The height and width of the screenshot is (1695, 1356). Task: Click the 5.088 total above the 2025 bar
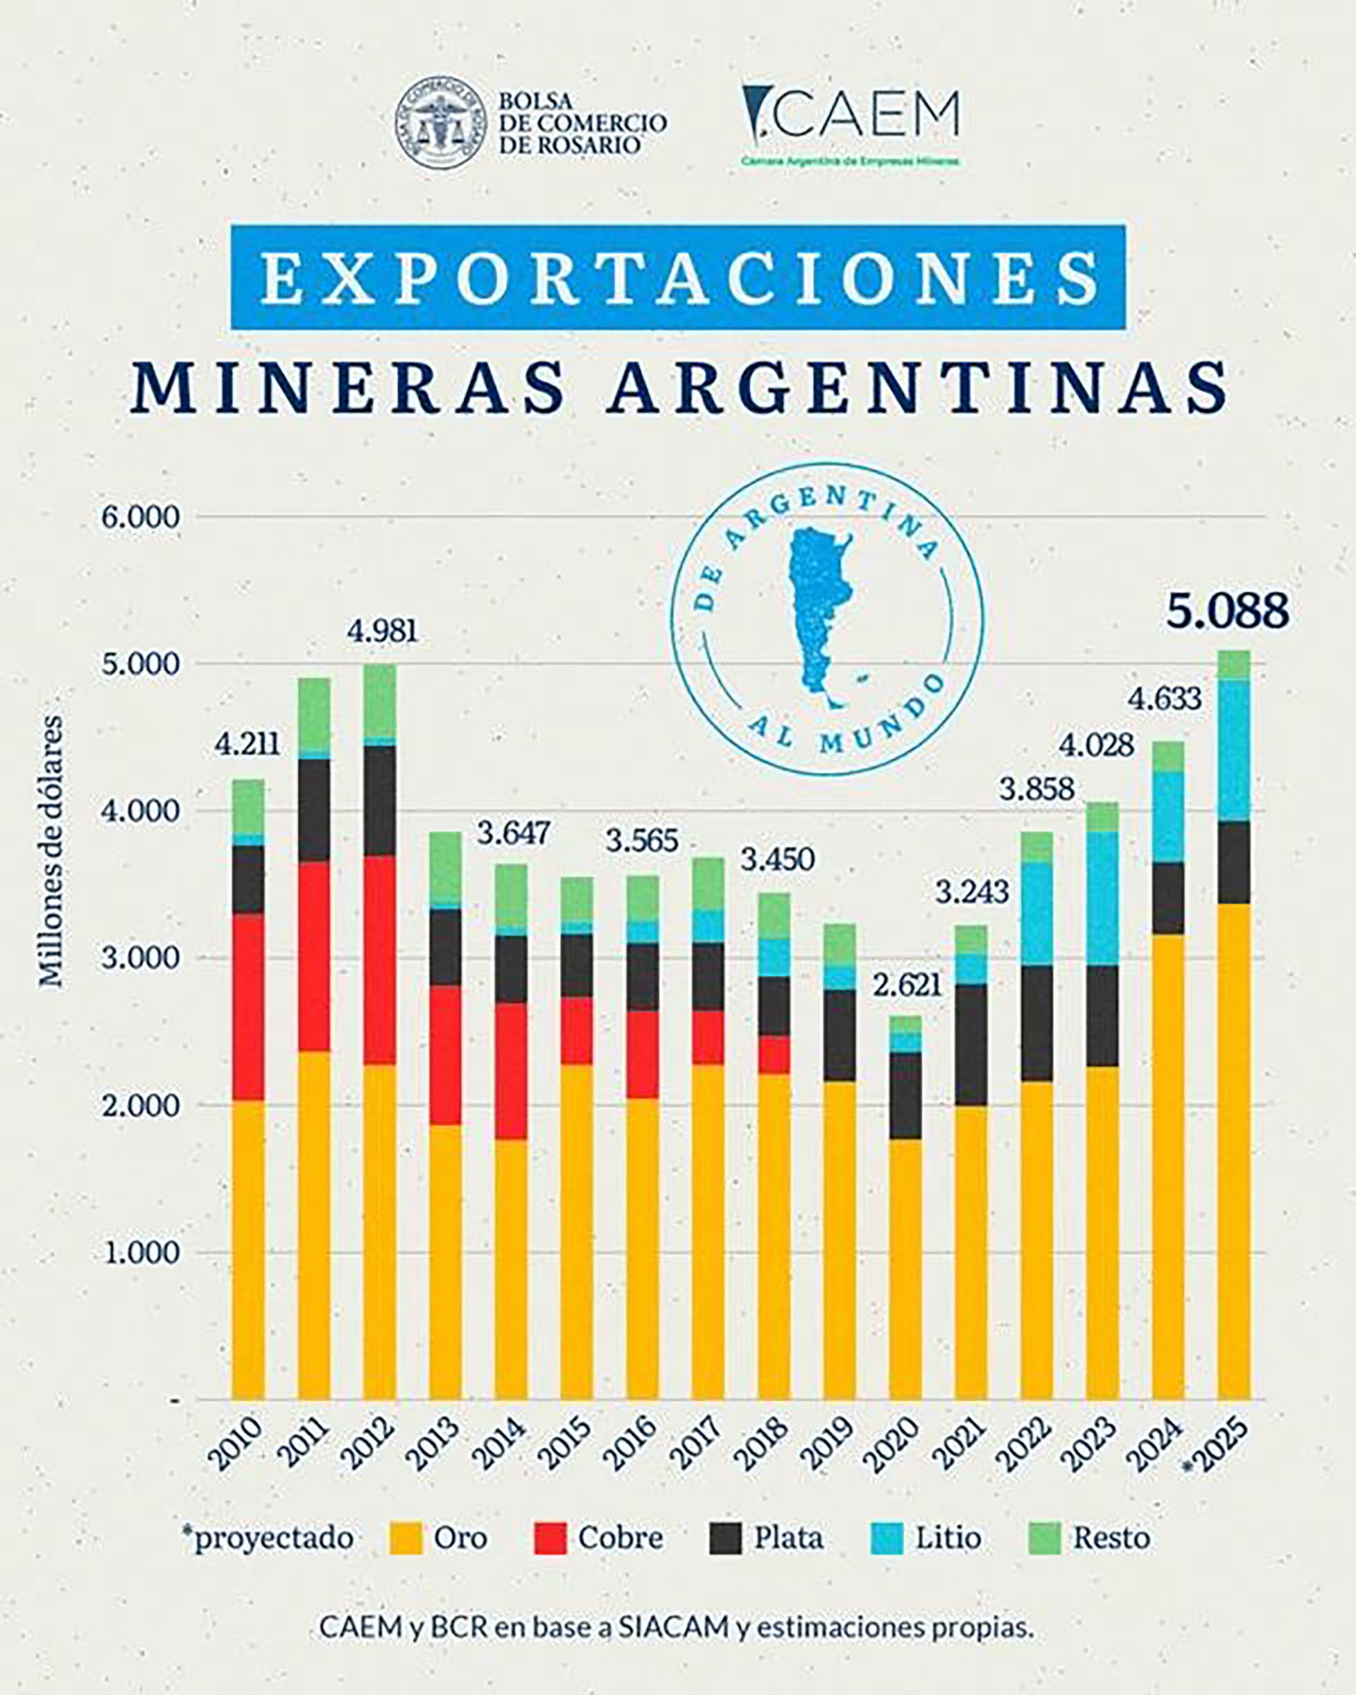[x=1227, y=612]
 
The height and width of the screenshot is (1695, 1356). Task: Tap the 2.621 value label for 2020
[x=909, y=985]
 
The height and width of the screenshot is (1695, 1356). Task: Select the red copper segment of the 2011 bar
[x=314, y=956]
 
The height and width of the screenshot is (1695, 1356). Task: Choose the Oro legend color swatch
[x=406, y=1538]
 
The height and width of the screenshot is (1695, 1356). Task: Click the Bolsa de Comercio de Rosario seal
[x=440, y=124]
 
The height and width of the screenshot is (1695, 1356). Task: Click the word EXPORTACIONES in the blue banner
[x=677, y=277]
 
